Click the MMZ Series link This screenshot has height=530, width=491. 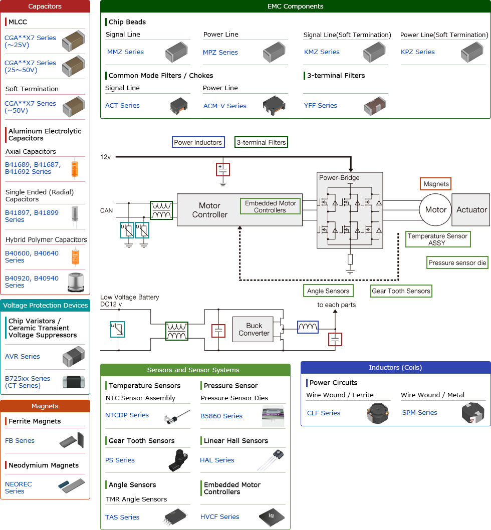(x=125, y=52)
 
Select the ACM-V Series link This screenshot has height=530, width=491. (x=224, y=106)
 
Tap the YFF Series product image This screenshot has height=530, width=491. (x=374, y=106)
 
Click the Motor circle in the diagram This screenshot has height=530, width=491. (x=435, y=210)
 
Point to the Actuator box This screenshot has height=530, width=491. (x=471, y=210)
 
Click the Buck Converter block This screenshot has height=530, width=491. (x=254, y=329)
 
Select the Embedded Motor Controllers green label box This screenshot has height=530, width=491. (x=270, y=206)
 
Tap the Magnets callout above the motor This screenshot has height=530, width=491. (x=436, y=184)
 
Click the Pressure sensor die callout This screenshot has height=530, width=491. (x=457, y=262)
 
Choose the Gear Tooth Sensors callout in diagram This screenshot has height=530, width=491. (x=401, y=291)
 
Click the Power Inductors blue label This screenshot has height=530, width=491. (x=198, y=142)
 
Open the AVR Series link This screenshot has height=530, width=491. (x=23, y=357)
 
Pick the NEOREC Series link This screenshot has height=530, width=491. (x=18, y=488)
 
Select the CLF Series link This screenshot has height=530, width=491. (x=324, y=413)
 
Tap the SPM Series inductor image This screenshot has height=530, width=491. (x=472, y=413)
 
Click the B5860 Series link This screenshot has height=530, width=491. (x=221, y=416)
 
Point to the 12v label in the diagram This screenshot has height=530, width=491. (x=105, y=157)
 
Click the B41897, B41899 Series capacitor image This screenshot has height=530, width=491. (x=75, y=216)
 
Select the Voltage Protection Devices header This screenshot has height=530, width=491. (x=45, y=305)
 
